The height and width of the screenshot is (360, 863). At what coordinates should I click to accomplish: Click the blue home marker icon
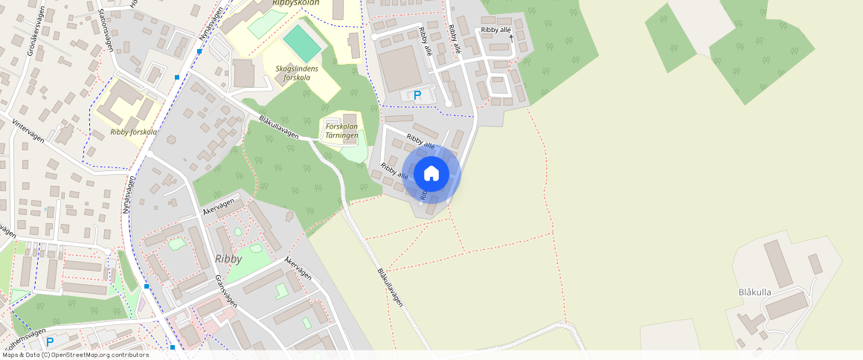tap(431, 174)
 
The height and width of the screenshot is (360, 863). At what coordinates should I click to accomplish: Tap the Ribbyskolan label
tap(295, 3)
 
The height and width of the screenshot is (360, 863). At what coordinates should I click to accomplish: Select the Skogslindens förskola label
tap(297, 73)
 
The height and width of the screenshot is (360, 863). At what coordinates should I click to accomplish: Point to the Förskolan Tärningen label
tap(342, 131)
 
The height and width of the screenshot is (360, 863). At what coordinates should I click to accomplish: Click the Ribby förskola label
tap(133, 132)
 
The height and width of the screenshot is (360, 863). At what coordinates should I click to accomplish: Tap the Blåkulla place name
tap(755, 292)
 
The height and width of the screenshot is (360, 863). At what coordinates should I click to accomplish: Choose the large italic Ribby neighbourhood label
tap(228, 259)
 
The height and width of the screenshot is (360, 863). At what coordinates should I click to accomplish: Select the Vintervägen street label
tap(28, 134)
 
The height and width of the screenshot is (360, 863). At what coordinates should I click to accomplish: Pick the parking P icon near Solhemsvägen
tap(50, 342)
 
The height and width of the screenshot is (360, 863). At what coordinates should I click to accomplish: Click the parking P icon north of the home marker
tap(417, 95)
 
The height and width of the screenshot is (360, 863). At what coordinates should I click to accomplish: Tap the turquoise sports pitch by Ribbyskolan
tap(302, 44)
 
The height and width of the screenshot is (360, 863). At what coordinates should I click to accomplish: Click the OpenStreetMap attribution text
tap(74, 355)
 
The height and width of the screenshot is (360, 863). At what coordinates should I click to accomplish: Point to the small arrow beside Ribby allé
tap(511, 38)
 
